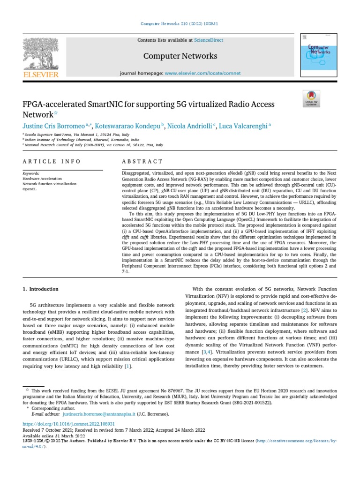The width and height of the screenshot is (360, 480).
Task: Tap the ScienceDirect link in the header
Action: tap(209, 41)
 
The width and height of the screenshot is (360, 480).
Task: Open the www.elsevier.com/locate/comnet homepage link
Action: tap(202, 73)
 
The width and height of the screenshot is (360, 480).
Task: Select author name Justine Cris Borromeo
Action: tap(53, 126)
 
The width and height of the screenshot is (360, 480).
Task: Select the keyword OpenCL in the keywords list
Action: tap(30, 189)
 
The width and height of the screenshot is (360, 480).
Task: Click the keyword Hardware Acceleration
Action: tap(42, 179)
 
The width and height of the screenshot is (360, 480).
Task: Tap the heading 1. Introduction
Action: tap(41, 289)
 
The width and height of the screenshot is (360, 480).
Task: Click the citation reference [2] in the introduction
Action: tap(304, 310)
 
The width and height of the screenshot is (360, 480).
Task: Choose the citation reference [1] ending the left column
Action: tap(128, 366)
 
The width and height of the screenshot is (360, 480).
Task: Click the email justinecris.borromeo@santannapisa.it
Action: tap(99, 414)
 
